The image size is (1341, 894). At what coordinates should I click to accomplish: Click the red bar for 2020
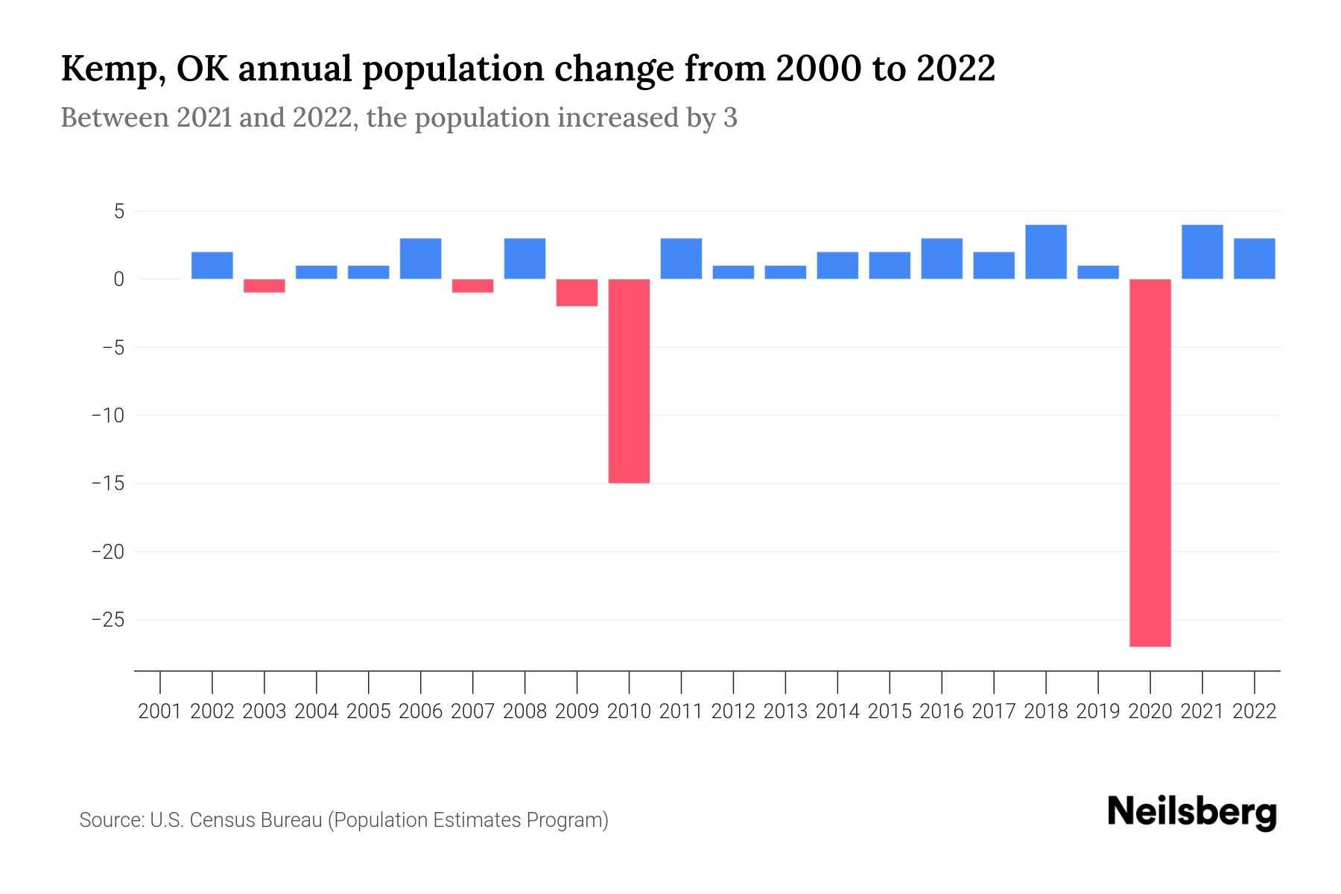click(x=1150, y=462)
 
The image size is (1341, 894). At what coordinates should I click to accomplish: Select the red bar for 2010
click(x=629, y=381)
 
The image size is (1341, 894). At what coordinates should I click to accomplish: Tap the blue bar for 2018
click(x=1045, y=252)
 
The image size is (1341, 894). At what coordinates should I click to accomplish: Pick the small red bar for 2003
click(x=264, y=286)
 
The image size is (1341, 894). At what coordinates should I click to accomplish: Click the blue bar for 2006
click(x=420, y=259)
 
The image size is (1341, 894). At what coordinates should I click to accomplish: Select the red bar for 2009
click(x=577, y=293)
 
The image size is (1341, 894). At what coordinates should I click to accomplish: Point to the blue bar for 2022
click(x=1254, y=259)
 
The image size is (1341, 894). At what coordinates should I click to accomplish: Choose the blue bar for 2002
click(x=212, y=265)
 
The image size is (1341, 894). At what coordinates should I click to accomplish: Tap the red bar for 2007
click(x=472, y=286)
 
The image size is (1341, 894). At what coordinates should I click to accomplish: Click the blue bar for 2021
click(x=1202, y=252)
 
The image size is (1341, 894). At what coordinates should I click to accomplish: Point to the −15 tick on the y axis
click(x=107, y=484)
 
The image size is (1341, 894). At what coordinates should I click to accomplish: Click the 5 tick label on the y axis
click(x=118, y=212)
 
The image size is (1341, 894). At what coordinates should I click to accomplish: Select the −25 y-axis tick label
click(x=107, y=620)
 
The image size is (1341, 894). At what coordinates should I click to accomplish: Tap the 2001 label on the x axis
click(x=160, y=711)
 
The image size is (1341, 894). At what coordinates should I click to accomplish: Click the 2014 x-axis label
click(x=837, y=711)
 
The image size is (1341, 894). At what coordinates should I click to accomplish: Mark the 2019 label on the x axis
click(x=1097, y=711)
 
